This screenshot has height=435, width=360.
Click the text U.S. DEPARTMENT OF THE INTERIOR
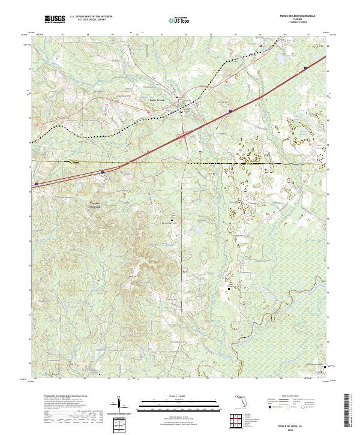point(91,17)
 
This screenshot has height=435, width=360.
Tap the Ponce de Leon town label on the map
point(157,99)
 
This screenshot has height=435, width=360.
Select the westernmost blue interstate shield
point(37,184)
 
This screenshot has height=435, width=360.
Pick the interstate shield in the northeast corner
point(305,68)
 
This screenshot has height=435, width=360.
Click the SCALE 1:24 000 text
point(180,396)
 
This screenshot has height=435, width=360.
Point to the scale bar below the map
point(180,403)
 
